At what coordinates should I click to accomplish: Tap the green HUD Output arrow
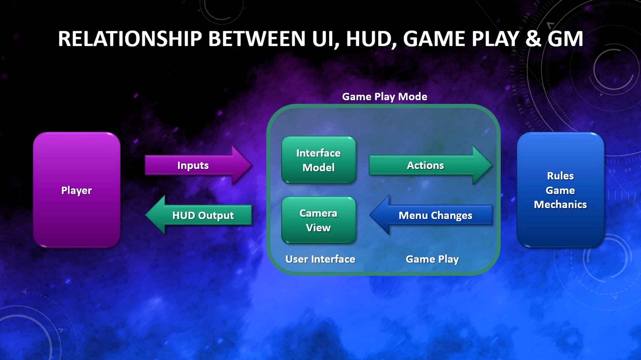coord(201,215)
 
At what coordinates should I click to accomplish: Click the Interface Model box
coord(318,160)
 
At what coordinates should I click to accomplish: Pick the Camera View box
coord(318,220)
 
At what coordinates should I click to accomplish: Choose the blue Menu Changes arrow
coord(432,215)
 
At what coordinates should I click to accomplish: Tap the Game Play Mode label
coord(384,97)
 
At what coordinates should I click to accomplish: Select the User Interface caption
coord(320,259)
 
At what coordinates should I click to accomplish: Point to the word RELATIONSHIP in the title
coord(130,39)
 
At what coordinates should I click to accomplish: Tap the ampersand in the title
coord(533,39)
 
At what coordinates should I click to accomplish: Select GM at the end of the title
coord(565,39)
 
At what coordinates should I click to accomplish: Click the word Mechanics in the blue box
coord(560,204)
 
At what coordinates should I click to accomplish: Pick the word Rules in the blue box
coord(560,176)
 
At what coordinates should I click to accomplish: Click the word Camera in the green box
coord(318,213)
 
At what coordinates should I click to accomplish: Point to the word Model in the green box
coord(318,168)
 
